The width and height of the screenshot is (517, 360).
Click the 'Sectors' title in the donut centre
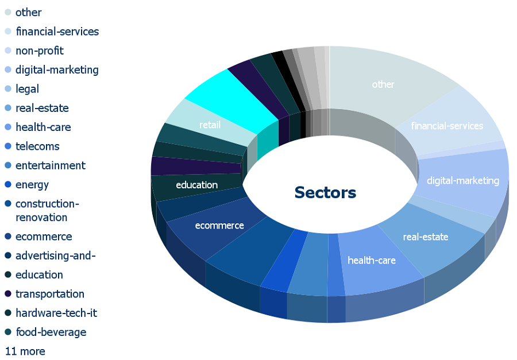pyautogui.click(x=325, y=192)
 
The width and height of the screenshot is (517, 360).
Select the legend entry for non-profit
pyautogui.click(x=34, y=51)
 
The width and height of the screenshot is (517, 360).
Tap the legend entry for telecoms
pyautogui.click(x=32, y=146)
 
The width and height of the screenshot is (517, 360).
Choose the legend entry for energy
pyautogui.click(x=27, y=185)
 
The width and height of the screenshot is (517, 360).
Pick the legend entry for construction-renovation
pyautogui.click(x=42, y=210)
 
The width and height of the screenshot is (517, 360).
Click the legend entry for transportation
pyautogui.click(x=44, y=294)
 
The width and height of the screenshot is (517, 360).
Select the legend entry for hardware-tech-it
pyautogui.click(x=51, y=313)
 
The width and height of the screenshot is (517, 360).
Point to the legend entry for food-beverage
pyautogui.click(x=45, y=332)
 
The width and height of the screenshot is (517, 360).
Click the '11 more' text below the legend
pyautogui.click(x=25, y=351)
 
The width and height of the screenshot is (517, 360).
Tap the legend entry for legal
pyautogui.click(x=22, y=89)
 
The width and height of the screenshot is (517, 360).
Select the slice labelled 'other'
pyautogui.click(x=383, y=84)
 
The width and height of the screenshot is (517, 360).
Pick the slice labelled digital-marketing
pyautogui.click(x=463, y=181)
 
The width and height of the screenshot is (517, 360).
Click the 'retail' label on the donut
pyautogui.click(x=210, y=125)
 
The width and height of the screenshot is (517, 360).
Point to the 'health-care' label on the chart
pyautogui.click(x=372, y=261)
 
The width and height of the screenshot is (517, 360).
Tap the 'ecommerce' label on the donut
pyautogui.click(x=219, y=226)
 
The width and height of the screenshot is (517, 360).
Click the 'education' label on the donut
pyautogui.click(x=197, y=185)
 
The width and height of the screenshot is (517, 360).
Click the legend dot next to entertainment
pyautogui.click(x=8, y=165)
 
